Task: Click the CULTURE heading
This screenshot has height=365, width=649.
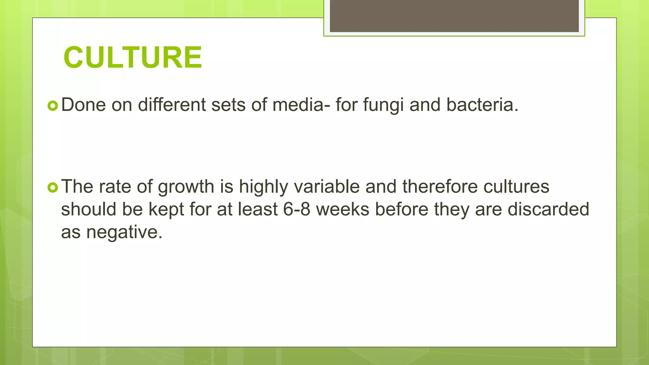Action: point(132,57)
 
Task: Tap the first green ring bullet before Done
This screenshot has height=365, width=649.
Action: point(53,106)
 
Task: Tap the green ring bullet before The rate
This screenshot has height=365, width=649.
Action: point(53,188)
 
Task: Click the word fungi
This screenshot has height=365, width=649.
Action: point(383,105)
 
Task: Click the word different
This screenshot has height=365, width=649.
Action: point(171,105)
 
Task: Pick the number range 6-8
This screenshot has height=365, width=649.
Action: point(297,209)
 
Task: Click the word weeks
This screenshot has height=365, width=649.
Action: point(343,209)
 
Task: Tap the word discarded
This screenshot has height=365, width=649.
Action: point(548,209)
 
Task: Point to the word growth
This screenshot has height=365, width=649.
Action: point(186,187)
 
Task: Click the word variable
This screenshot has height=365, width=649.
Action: point(327,187)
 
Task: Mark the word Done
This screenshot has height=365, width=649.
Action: point(83,105)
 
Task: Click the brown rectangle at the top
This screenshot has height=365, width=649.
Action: point(454,16)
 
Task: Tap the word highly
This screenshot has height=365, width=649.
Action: point(263,187)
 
